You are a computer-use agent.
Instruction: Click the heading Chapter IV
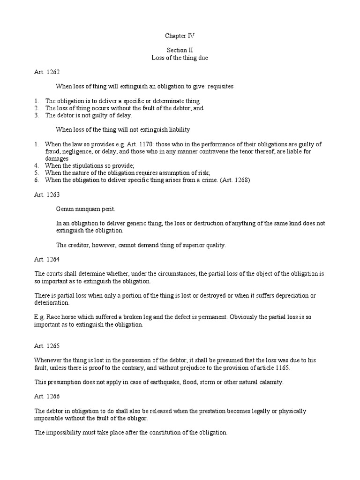[x=180, y=36]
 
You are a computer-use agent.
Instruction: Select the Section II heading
[x=180, y=51]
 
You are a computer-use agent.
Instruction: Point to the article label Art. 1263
[x=47, y=194]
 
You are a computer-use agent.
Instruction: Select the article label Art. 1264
[x=47, y=259]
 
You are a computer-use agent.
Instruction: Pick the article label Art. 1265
[x=47, y=345]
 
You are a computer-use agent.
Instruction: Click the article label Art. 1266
[x=47, y=396]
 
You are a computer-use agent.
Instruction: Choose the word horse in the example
[x=68, y=317]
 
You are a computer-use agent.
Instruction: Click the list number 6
[x=37, y=180]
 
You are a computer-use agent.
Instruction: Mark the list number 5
[x=37, y=173]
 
